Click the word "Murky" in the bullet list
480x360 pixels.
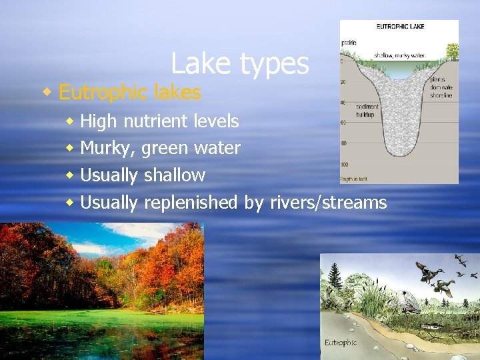click(107, 149)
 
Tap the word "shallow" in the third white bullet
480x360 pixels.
click(174, 175)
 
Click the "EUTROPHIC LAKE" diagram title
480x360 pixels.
click(400, 27)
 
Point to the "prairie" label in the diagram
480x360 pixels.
click(349, 43)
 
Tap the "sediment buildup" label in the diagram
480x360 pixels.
click(367, 110)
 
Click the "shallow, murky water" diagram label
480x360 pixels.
click(398, 55)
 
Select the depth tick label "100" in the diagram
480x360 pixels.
click(345, 164)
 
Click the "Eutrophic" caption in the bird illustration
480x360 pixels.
click(341, 343)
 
